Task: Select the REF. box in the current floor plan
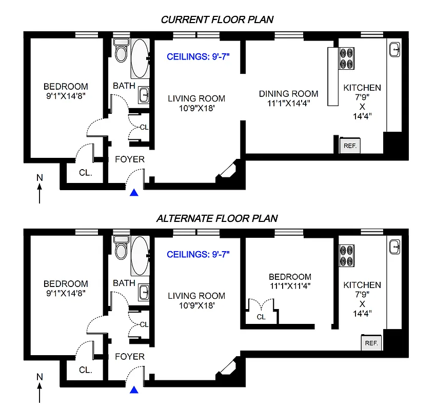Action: pos(350,146)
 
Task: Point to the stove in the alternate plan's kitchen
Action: pos(347,256)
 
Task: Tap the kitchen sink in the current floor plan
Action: pos(394,50)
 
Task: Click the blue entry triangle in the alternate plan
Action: pos(134,390)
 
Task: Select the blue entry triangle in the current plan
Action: pos(134,193)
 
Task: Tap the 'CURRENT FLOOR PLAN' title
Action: pos(217,19)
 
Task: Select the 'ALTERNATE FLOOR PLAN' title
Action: pos(217,218)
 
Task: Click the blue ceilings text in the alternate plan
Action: pos(198,254)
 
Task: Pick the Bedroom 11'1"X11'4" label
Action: pos(287,281)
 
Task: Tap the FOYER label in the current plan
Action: pos(129,159)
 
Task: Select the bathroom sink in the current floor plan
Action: pos(144,94)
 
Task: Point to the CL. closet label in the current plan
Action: pos(86,173)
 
